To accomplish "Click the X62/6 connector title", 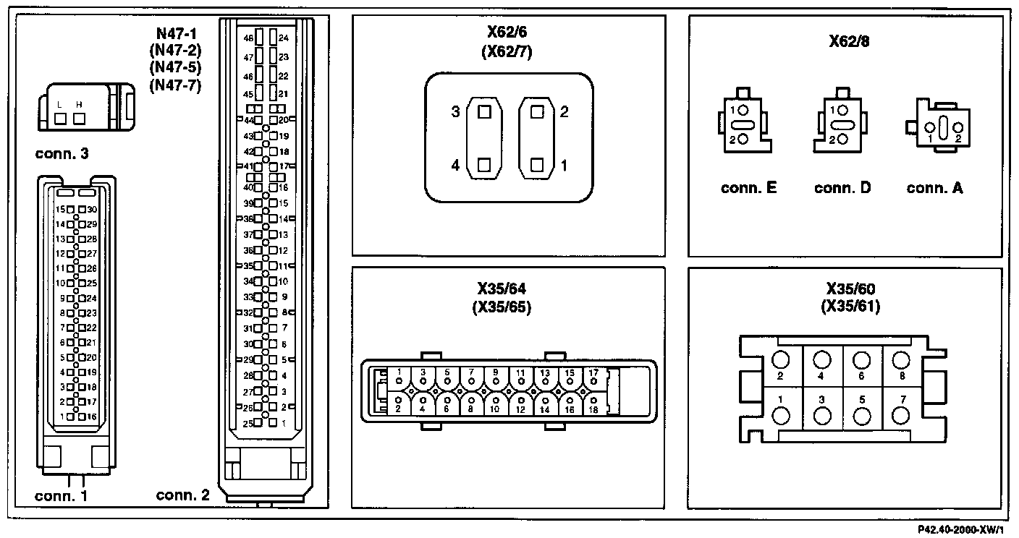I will [x=509, y=34].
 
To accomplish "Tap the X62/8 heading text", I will [x=849, y=41].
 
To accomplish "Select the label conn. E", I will [x=748, y=188].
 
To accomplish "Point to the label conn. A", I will [x=934, y=188].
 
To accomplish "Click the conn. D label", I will [x=842, y=188].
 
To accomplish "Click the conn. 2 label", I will [x=182, y=495].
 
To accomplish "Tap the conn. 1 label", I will [x=61, y=496].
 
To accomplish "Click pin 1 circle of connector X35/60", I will [x=782, y=417].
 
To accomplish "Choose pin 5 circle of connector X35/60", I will [x=861, y=417].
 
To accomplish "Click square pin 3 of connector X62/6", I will [x=483, y=112].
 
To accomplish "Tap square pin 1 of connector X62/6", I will [x=536, y=165].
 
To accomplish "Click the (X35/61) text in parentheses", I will [x=850, y=306].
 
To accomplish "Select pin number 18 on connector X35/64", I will [x=593, y=409].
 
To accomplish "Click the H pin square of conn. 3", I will [x=80, y=118].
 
